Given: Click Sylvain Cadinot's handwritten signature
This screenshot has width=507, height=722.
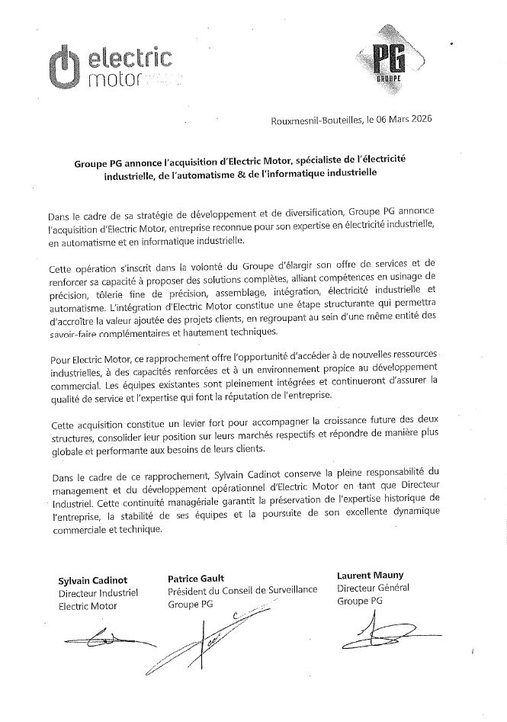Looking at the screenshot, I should click(99, 637).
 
